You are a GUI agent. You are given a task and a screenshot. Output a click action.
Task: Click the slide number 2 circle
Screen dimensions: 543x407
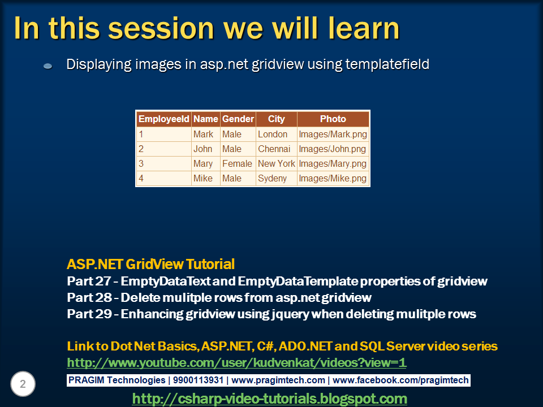click(x=23, y=384)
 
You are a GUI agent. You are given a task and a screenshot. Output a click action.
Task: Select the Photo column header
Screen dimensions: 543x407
click(x=333, y=119)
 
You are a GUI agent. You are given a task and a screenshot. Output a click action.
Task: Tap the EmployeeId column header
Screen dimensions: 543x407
click(x=164, y=119)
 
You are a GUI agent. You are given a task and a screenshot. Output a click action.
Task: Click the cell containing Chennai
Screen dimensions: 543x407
click(x=277, y=149)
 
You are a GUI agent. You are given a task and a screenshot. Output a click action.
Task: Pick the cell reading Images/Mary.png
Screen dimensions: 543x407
click(x=333, y=163)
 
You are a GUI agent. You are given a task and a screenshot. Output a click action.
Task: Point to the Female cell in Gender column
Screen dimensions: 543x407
click(x=238, y=163)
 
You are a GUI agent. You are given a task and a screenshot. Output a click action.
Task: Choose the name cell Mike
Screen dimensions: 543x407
click(x=206, y=178)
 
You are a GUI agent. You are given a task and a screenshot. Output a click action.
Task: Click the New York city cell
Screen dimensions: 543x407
click(x=277, y=163)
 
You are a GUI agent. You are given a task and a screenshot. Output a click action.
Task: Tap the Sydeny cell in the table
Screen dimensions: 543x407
click(x=277, y=178)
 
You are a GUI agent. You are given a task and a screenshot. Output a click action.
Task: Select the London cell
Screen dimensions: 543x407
click(x=277, y=135)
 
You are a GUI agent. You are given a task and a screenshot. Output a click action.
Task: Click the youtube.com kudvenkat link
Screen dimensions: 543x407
click(x=236, y=363)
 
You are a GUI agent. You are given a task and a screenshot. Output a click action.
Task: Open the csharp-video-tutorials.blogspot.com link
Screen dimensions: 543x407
click(x=269, y=399)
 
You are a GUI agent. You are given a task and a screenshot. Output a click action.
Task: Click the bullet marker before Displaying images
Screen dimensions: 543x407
click(x=48, y=66)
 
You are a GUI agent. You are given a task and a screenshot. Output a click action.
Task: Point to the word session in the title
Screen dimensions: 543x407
click(x=161, y=28)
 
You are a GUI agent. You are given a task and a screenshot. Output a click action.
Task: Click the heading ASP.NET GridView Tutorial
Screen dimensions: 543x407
click(x=150, y=264)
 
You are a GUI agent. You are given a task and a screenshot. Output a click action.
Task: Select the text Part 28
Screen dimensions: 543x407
click(x=89, y=298)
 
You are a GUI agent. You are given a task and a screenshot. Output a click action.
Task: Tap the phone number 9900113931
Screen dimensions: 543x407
click(x=198, y=380)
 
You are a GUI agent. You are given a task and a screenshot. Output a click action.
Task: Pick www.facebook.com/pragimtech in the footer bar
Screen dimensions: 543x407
click(x=400, y=380)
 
